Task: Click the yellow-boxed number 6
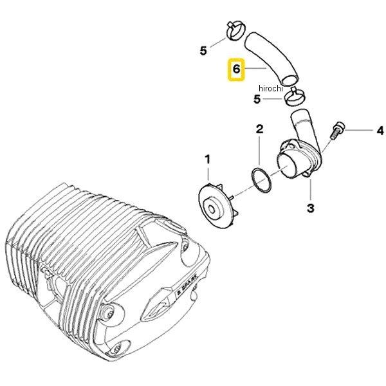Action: click(236, 68)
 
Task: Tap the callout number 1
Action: click(207, 158)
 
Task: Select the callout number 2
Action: click(259, 130)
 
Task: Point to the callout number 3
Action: click(310, 208)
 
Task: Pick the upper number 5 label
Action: click(203, 50)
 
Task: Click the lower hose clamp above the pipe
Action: click(295, 96)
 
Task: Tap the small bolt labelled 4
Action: click(337, 131)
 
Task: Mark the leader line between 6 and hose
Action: click(257, 68)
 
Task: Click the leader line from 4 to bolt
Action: click(358, 130)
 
